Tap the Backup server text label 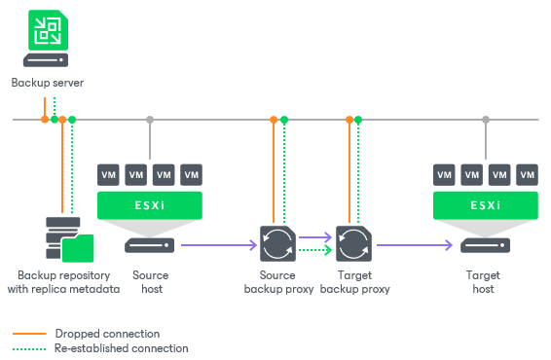coord(47,84)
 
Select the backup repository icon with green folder coord(68,236)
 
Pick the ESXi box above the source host coord(149,205)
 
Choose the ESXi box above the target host coord(485,205)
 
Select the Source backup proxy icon coord(275,244)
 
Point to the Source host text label coord(149,282)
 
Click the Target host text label coord(484,282)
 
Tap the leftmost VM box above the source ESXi coord(108,174)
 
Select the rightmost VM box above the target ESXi coord(527,174)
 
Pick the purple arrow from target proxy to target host coord(414,245)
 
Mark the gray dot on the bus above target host coord(485,120)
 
